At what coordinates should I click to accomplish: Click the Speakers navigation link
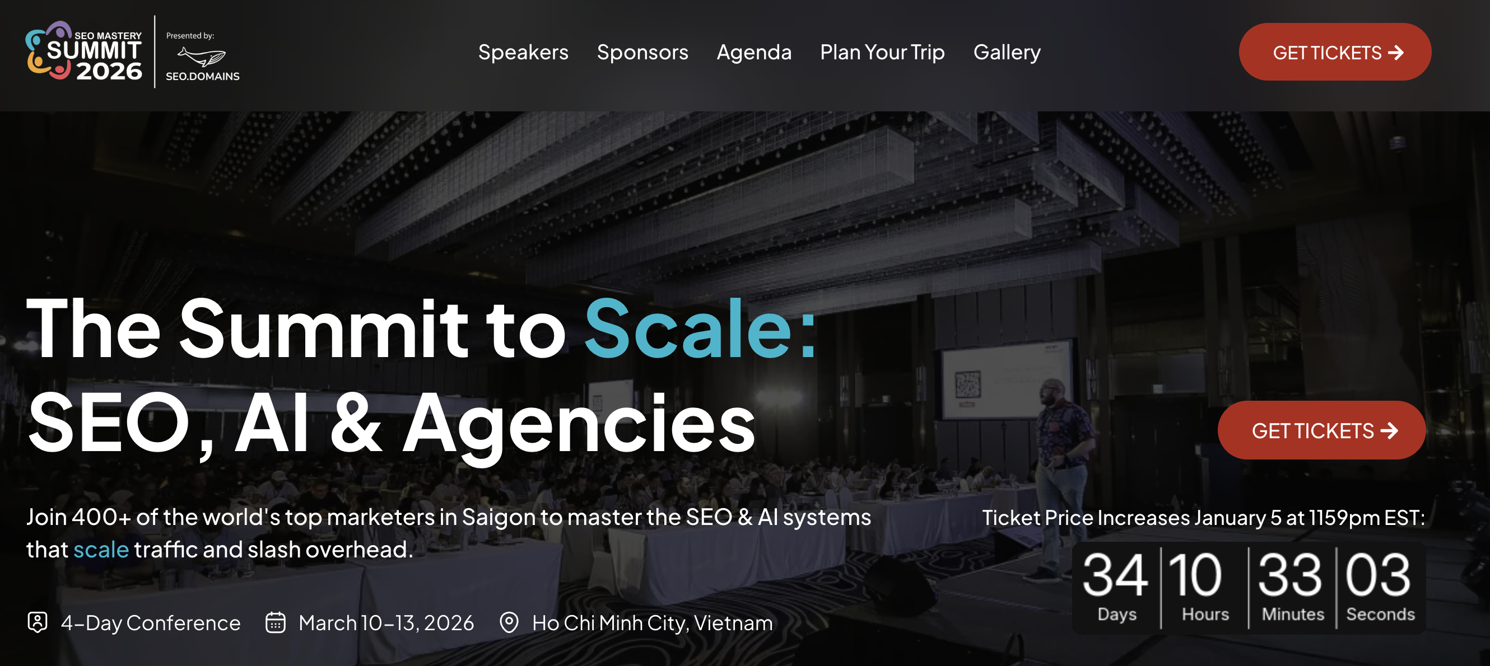(x=523, y=52)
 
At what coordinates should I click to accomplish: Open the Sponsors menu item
(x=642, y=52)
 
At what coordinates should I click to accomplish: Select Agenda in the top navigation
(x=753, y=52)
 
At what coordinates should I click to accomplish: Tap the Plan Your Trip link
(x=882, y=52)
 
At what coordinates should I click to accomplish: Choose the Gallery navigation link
(x=1007, y=52)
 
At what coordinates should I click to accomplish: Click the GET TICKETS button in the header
(x=1334, y=52)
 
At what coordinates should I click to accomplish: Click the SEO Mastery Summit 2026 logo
(x=84, y=52)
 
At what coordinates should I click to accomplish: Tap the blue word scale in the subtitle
(x=101, y=549)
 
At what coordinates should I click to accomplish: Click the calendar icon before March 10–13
(x=276, y=623)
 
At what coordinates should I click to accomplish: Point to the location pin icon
(x=509, y=623)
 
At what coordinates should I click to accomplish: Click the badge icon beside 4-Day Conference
(x=38, y=623)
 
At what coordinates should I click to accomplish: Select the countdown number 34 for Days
(x=1115, y=575)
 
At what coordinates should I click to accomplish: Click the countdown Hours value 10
(x=1195, y=575)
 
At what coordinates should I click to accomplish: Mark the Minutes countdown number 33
(x=1290, y=575)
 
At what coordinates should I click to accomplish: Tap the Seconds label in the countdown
(x=1380, y=614)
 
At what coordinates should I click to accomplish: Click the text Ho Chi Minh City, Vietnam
(x=652, y=623)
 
